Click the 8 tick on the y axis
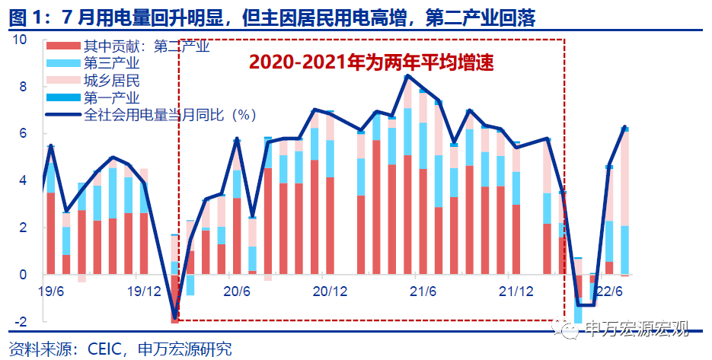click(x=24, y=87)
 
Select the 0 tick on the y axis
click(x=24, y=275)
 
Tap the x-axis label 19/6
click(x=49, y=292)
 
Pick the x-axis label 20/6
click(x=237, y=292)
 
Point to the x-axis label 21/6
click(x=423, y=292)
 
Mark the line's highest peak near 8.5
click(x=408, y=75)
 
